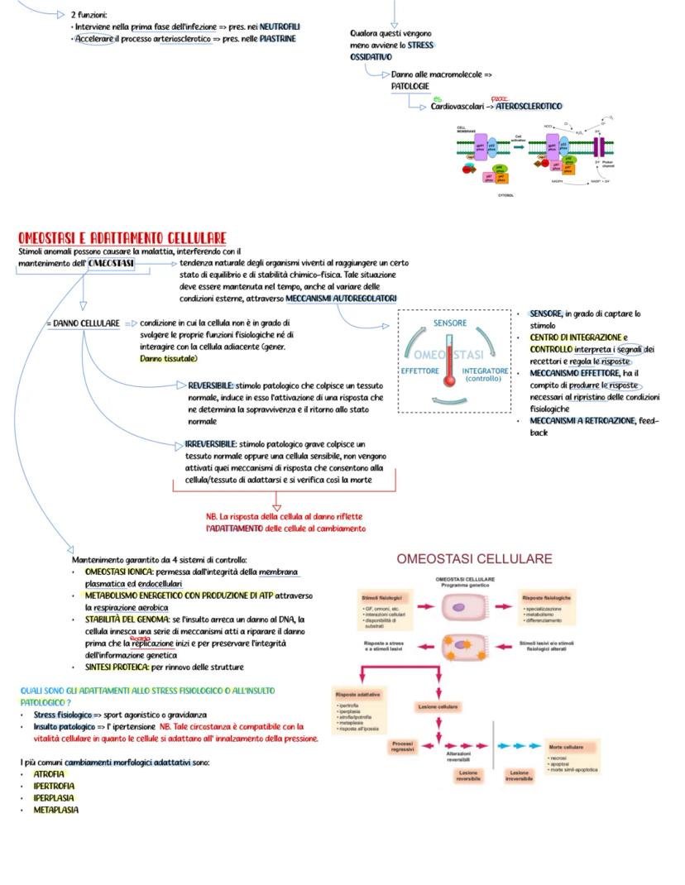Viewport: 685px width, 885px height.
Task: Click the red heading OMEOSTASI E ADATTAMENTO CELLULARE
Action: pos(122,238)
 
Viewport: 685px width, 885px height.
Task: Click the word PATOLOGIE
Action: pos(410,86)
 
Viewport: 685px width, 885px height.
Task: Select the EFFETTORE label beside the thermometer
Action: pos(419,371)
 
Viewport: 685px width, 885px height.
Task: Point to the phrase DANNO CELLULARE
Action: pos(87,323)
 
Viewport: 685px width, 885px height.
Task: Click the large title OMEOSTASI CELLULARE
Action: pos(474,559)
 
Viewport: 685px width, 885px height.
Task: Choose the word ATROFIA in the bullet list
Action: pos(49,774)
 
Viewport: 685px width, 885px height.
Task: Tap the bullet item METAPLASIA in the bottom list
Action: pos(55,810)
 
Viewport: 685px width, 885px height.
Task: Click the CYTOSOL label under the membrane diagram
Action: pos(505,195)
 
